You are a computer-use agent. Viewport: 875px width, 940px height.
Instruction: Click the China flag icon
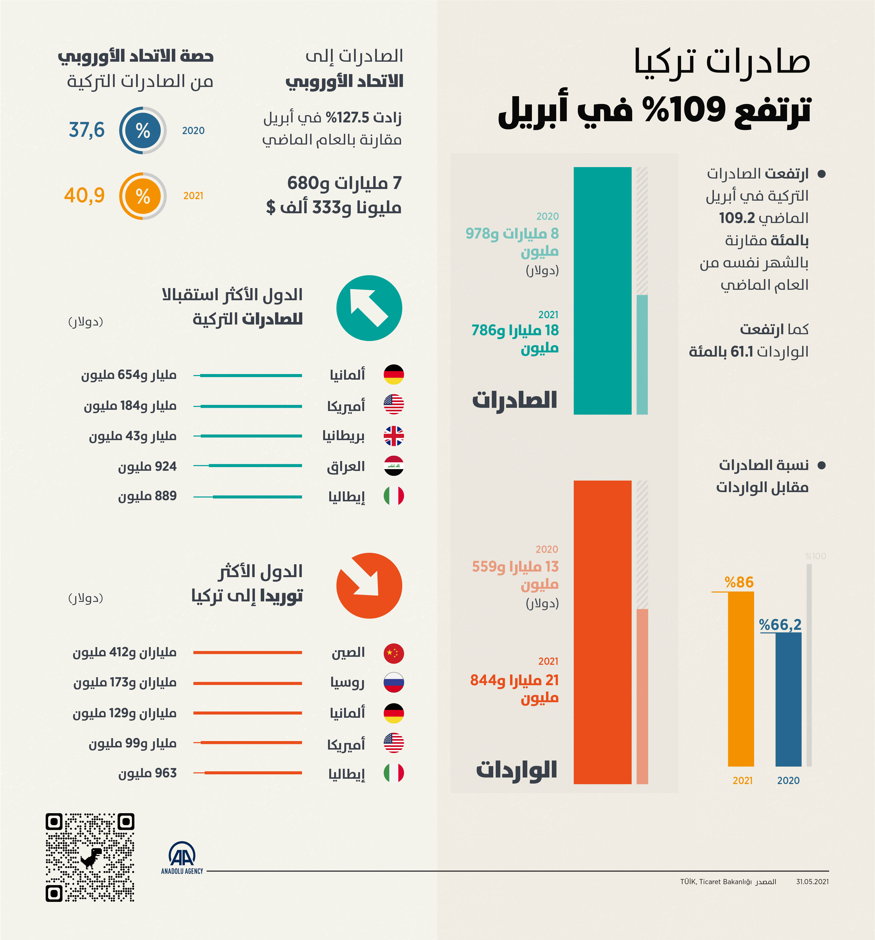(x=393, y=653)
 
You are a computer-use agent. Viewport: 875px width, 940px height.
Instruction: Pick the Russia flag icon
(x=393, y=683)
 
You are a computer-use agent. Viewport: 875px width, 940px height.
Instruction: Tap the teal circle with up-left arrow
(x=369, y=308)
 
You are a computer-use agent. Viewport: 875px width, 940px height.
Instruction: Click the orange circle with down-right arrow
(x=369, y=585)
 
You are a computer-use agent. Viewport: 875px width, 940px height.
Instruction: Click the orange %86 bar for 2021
(x=741, y=678)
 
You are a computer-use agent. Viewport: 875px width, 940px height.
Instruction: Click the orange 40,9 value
(x=84, y=195)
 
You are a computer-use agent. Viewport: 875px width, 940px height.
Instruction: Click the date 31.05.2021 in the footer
(x=812, y=881)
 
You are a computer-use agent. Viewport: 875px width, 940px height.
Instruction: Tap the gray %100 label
(x=815, y=556)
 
